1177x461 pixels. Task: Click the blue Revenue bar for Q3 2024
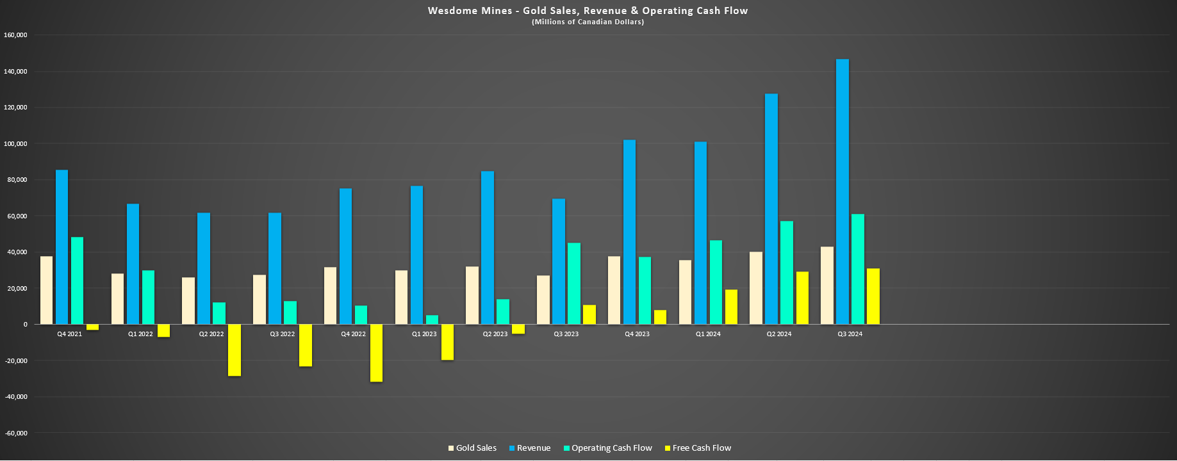pos(843,192)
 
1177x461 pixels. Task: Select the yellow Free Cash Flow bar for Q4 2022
pos(376,353)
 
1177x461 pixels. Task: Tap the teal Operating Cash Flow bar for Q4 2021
pos(77,280)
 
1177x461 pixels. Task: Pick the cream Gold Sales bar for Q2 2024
pos(756,288)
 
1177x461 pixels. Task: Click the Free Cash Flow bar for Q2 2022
pos(235,350)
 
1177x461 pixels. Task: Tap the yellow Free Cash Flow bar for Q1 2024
pos(731,307)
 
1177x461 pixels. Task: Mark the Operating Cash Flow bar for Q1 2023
pos(432,319)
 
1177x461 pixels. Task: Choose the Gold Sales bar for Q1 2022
pos(117,299)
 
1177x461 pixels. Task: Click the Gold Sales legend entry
pos(472,448)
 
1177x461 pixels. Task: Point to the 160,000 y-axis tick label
pos(15,35)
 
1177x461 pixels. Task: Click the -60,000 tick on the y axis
pos(15,433)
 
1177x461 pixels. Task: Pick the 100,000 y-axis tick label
pos(15,143)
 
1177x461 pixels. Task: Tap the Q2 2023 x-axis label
pos(495,334)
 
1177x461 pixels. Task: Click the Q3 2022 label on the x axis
pos(283,334)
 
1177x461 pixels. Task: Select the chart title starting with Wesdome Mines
pos(588,11)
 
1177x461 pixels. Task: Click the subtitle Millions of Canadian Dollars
pos(588,22)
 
